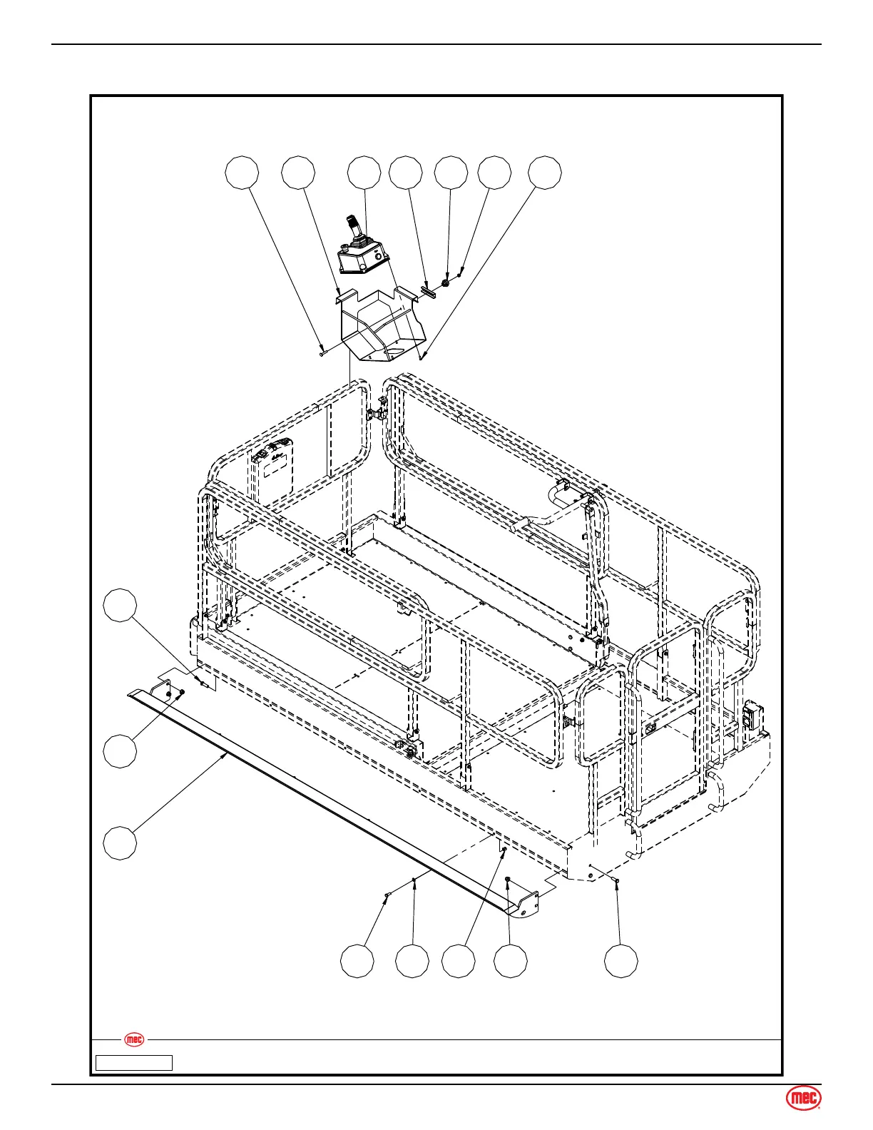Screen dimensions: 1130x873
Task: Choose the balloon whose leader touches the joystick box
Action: point(364,174)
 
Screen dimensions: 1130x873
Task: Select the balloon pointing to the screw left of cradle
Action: point(242,174)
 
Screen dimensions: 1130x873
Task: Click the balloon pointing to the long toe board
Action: point(120,843)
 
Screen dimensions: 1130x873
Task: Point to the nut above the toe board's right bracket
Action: point(507,879)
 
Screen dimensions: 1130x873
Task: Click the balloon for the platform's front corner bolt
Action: point(621,961)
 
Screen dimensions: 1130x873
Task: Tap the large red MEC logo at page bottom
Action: point(804,1100)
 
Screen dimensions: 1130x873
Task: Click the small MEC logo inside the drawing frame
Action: point(134,1039)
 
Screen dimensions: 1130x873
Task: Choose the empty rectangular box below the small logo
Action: point(134,1063)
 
